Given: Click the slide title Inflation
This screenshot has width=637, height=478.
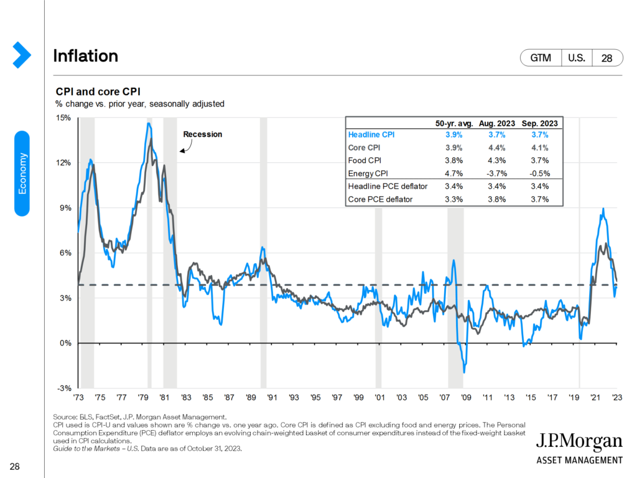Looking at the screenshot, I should [x=86, y=56].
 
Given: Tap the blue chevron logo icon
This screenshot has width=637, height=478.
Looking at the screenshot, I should [x=22, y=55].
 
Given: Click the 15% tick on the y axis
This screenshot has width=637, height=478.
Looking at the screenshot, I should [x=63, y=118].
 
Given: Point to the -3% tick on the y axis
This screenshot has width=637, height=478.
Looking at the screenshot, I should [x=64, y=388].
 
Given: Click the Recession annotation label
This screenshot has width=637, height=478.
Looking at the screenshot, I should [x=202, y=134].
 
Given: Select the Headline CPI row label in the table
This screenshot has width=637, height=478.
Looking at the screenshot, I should [x=371, y=134].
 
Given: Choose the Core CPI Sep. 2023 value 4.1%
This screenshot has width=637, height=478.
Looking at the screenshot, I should [x=539, y=148].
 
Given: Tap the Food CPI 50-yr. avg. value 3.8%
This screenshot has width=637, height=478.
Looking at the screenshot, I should [x=454, y=161].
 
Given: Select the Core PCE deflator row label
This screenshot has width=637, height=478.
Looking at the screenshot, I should [x=380, y=199].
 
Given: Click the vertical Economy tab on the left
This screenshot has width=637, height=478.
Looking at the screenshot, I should [x=22, y=173].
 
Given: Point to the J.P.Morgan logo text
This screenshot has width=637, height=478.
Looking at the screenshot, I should [x=579, y=443].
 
